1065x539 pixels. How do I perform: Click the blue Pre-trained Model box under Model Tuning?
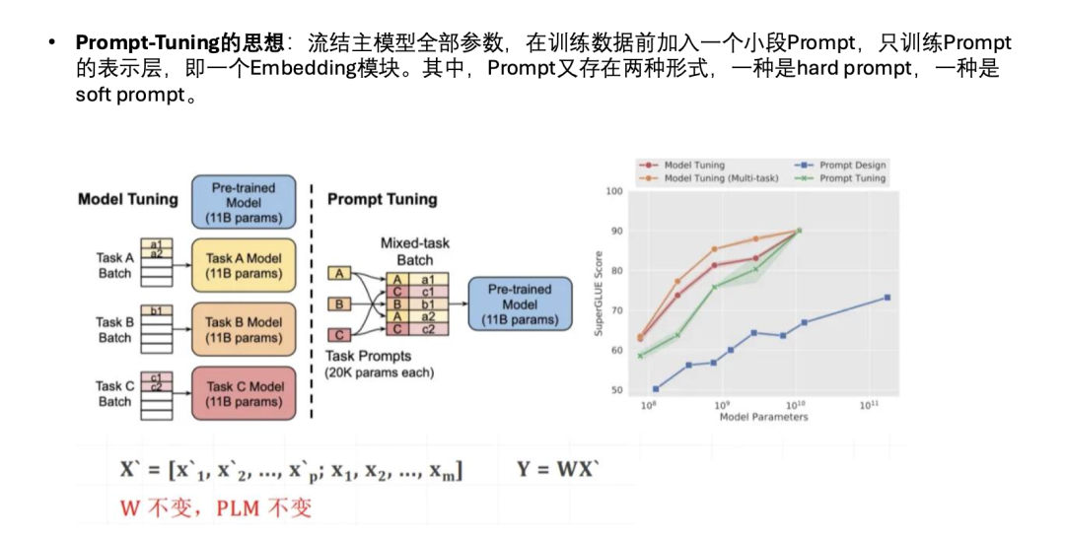pos(244,202)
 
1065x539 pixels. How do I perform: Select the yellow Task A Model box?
pos(244,265)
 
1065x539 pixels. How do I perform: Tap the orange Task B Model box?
pos(244,329)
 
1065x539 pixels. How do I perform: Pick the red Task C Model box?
pos(244,393)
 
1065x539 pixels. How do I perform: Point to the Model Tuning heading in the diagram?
pos(128,199)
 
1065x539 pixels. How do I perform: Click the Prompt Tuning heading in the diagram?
pos(382,199)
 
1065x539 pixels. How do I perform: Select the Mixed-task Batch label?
pos(414,251)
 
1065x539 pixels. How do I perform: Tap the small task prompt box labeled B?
pos(340,304)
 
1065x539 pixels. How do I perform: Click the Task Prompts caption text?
pos(369,356)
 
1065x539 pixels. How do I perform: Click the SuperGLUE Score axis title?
pos(598,293)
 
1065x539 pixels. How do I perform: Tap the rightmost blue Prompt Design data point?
pos(887,297)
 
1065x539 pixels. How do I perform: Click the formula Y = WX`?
pos(557,470)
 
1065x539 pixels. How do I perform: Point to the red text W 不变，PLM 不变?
pos(216,508)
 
